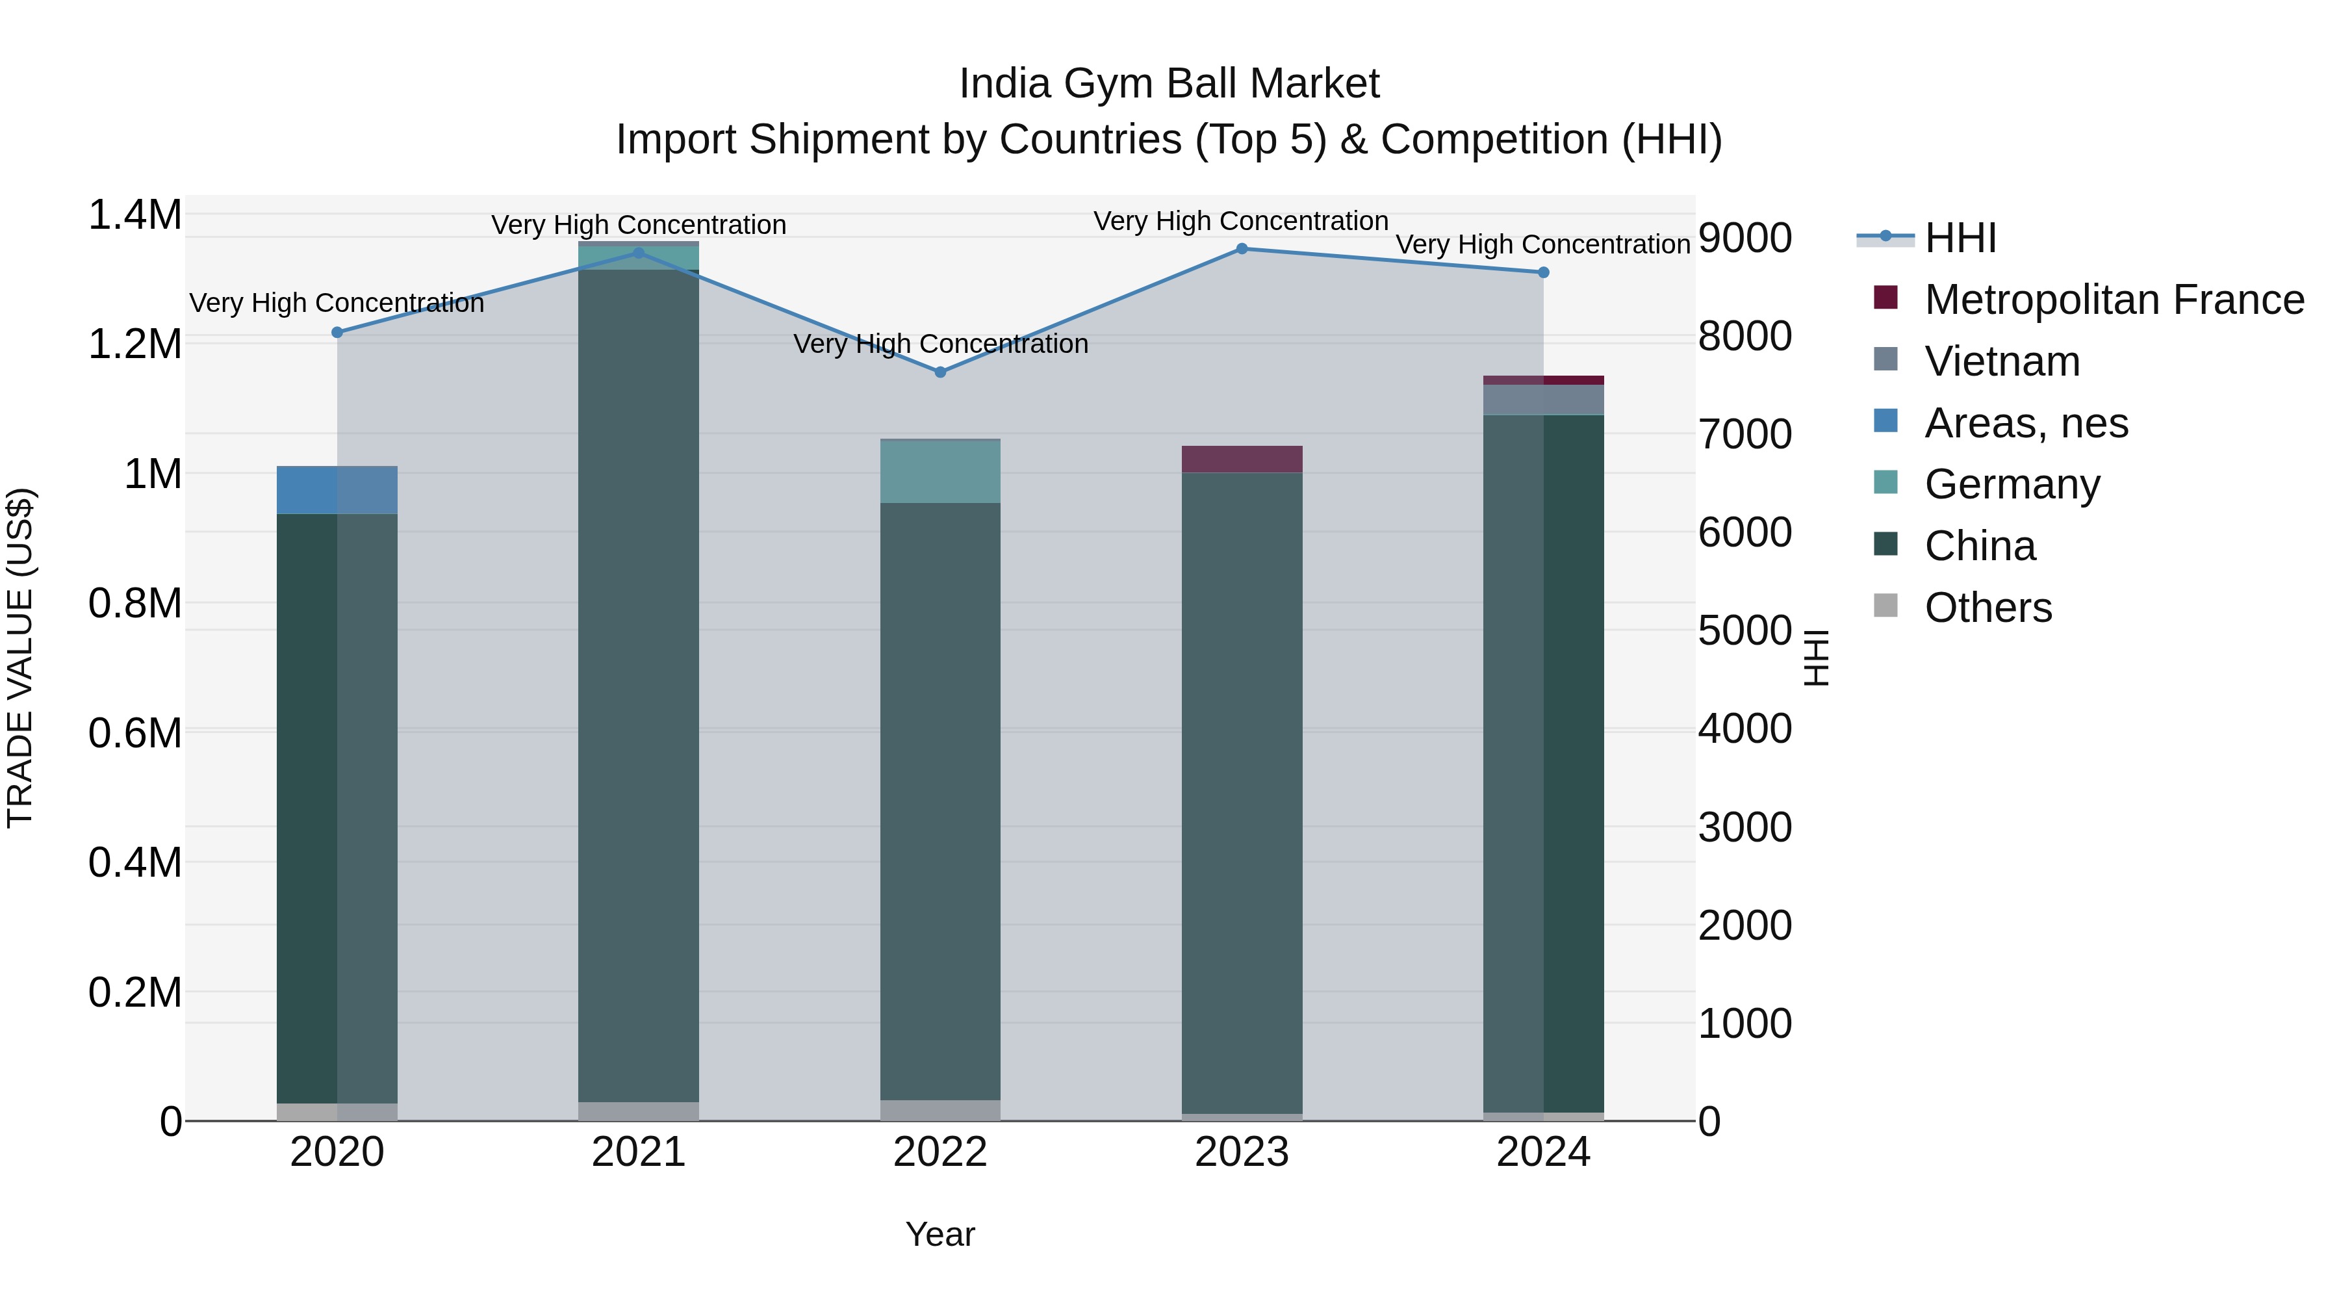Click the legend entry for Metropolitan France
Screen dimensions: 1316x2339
[x=2113, y=300]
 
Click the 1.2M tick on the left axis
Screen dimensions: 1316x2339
[x=134, y=344]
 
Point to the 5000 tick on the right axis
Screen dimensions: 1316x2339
[x=1745, y=630]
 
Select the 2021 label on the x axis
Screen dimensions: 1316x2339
[x=638, y=1152]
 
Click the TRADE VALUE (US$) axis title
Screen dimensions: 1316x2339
[x=20, y=658]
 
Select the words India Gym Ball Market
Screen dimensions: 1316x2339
[x=1169, y=84]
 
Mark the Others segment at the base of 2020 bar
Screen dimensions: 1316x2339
[x=337, y=1112]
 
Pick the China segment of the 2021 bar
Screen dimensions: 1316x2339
[x=638, y=681]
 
